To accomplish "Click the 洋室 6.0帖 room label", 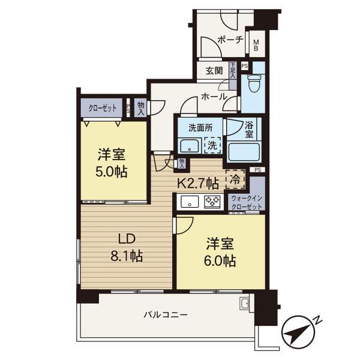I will (x=221, y=253).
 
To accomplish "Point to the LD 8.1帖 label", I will (x=125, y=248).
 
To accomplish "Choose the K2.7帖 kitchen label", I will (x=196, y=182).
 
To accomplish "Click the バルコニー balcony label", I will (x=166, y=314).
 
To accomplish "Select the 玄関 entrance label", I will (x=214, y=71).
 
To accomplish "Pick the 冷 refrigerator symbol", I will (x=235, y=178).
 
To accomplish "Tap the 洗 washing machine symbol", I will (x=211, y=145).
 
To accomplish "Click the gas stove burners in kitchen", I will (x=212, y=202).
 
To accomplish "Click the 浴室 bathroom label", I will (x=249, y=131).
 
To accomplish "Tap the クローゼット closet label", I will (x=103, y=109).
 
